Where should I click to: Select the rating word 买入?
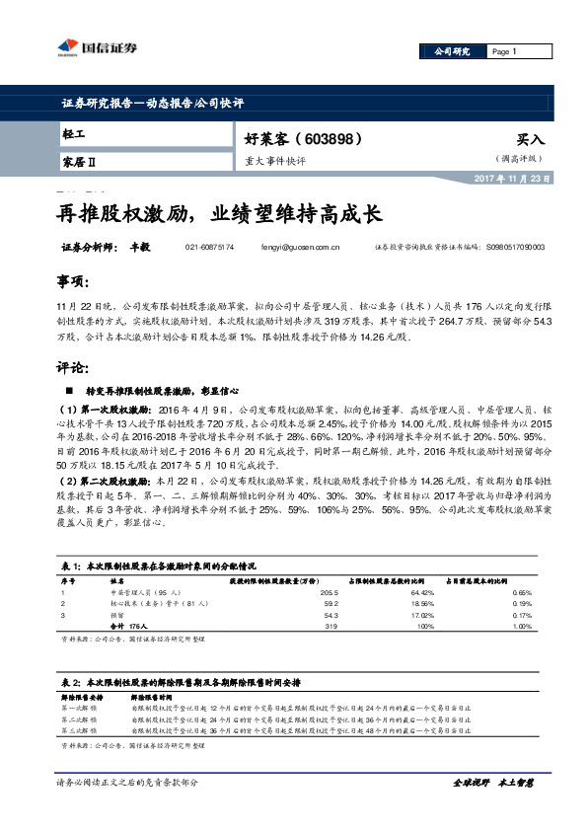point(530,140)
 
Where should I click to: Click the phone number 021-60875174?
point(209,249)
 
